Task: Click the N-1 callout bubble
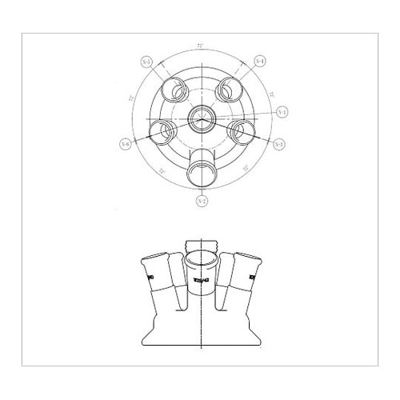pyautogui.click(x=281, y=113)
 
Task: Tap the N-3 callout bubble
pyautogui.click(x=278, y=145)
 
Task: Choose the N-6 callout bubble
pyautogui.click(x=125, y=144)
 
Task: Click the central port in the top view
pyautogui.click(x=199, y=118)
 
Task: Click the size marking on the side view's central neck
pyautogui.click(x=199, y=280)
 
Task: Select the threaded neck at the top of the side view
pyautogui.click(x=200, y=244)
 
